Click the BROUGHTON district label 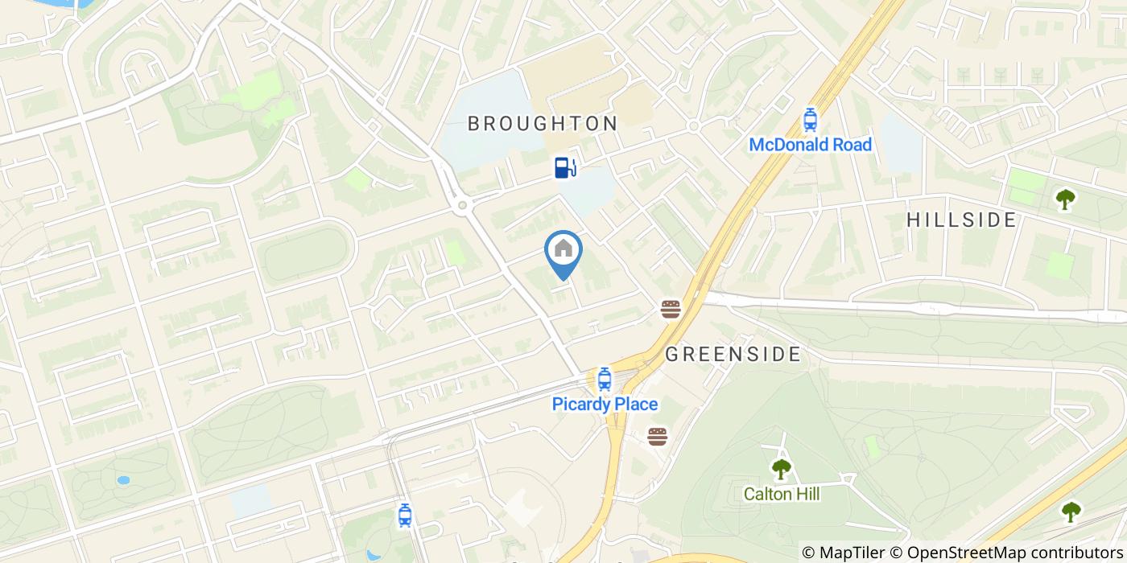tap(543, 124)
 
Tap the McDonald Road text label tap(810, 145)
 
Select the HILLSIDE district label tap(962, 220)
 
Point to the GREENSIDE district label tap(733, 354)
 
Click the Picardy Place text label tap(605, 404)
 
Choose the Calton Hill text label tap(781, 493)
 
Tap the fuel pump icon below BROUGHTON tap(565, 166)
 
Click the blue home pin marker tap(563, 251)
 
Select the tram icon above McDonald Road tap(810, 121)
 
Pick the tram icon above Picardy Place tap(604, 379)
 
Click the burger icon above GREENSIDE tap(671, 308)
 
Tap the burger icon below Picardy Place tap(658, 436)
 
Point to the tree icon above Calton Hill tap(780, 468)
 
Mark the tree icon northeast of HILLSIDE tap(1065, 199)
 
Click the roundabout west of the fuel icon tap(462, 206)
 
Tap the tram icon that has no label tap(405, 515)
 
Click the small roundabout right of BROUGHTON tap(692, 126)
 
